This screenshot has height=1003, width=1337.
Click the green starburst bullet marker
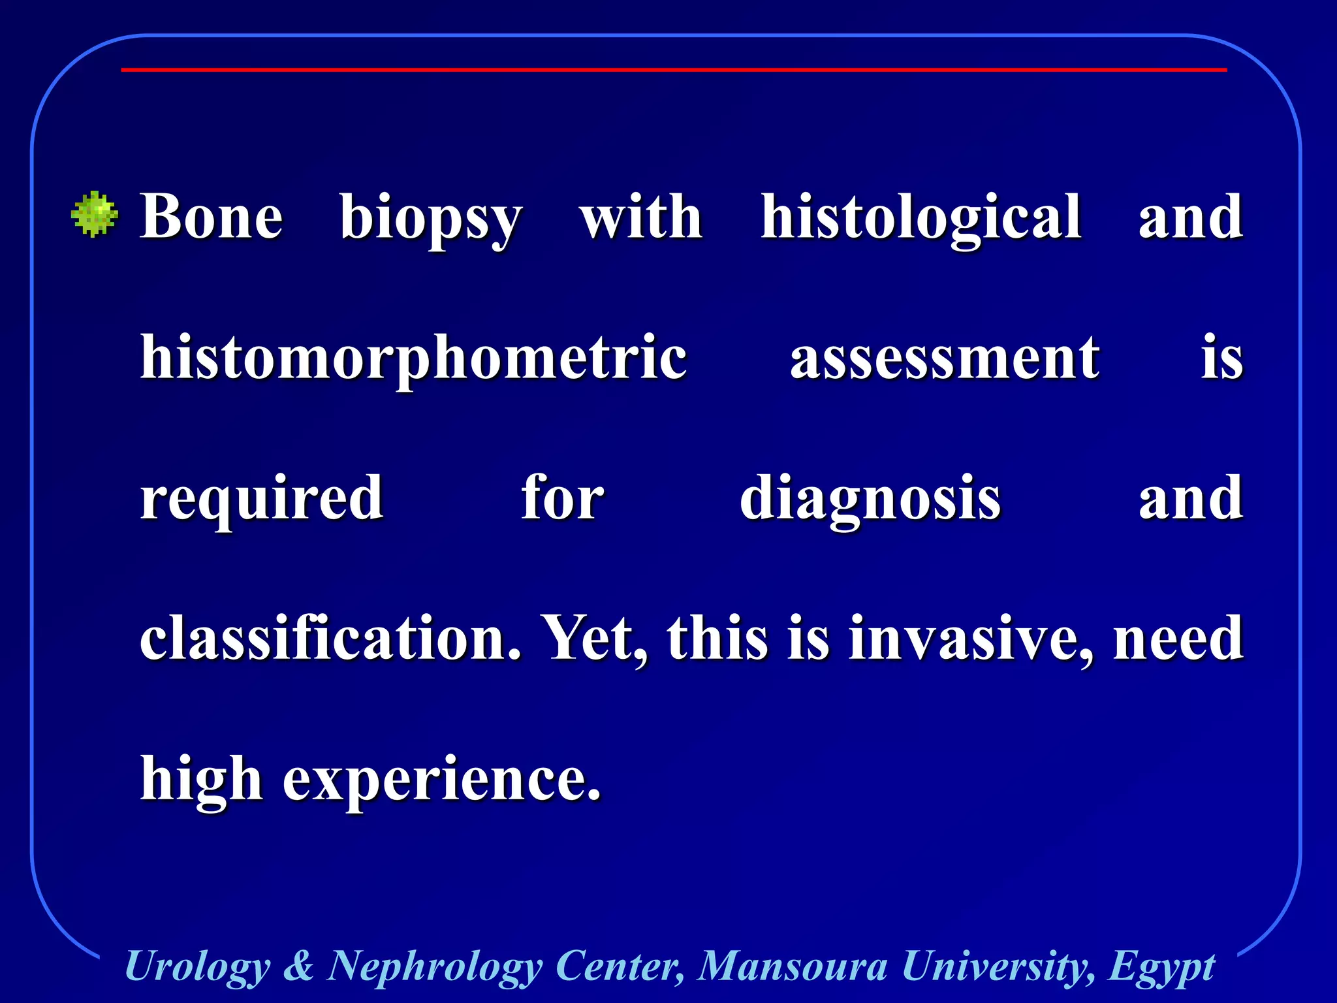95,214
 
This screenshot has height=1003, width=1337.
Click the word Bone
212,217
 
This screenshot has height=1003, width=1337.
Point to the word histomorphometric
414,359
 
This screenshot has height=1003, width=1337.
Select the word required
262,500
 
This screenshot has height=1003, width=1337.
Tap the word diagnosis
870,500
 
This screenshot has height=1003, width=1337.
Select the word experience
441,781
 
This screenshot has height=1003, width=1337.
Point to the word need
1178,639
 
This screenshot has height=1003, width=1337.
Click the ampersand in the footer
299,966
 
